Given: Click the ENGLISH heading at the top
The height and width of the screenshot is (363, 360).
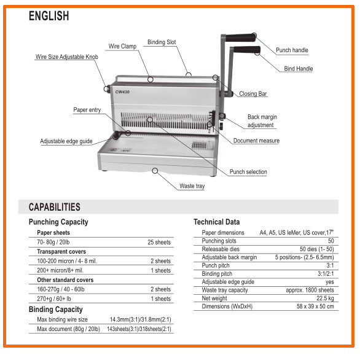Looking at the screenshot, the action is pos(49,16).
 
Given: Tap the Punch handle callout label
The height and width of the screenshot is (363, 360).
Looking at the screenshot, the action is pos(292,50).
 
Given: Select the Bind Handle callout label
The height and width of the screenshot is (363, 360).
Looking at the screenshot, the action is pos(299,69).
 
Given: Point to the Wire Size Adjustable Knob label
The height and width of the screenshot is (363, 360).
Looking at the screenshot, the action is pos(67,57).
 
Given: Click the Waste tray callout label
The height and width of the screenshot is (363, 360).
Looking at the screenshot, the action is pos(192,186).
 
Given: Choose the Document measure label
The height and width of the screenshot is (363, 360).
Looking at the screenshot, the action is pos(256,141).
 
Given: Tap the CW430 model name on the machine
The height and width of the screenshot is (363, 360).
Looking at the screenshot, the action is pos(122,92).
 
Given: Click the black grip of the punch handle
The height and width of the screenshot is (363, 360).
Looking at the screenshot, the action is pos(241,37).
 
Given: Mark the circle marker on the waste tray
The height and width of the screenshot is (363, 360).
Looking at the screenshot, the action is pos(155,171).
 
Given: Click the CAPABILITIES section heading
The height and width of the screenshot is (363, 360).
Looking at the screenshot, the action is pos(55,207).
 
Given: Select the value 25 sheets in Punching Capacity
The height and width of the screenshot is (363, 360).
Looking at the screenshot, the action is pos(159,242).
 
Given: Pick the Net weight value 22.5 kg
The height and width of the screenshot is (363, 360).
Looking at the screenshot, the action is pos(325,298).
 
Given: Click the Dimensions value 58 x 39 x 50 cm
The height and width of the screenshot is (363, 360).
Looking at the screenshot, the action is pos(315,306).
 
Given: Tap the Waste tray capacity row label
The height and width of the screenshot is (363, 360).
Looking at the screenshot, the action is pos(225,290).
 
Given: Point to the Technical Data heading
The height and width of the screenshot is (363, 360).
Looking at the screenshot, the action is pos(216,222).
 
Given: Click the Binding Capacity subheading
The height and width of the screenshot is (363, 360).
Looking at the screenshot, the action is pos(55,310).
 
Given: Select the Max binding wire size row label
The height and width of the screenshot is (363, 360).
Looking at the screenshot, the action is pos(62,319).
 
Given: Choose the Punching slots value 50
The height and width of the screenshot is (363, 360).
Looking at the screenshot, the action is pos(331,241).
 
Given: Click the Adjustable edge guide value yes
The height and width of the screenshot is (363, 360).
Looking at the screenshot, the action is pos(330,282).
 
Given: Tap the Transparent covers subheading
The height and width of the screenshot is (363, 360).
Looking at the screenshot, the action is pos(61,252).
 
